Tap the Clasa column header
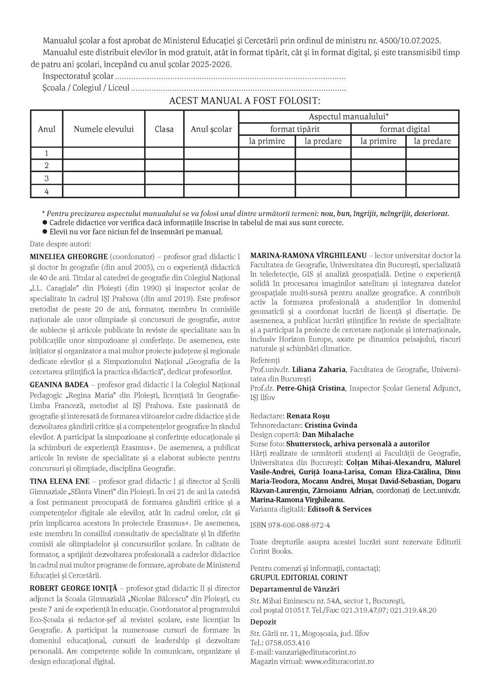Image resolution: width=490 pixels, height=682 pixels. click(x=164, y=129)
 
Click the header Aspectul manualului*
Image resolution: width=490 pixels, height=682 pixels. click(x=348, y=116)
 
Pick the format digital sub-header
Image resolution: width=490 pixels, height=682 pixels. click(x=405, y=129)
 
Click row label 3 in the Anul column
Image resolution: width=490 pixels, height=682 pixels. click(x=47, y=178)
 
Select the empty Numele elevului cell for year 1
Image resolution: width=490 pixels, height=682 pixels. click(x=104, y=153)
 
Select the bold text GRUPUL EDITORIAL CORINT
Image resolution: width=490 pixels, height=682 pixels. click(x=298, y=577)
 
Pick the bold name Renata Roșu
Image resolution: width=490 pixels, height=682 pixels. click(x=308, y=416)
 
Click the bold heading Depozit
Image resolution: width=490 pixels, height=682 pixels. click(x=263, y=622)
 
